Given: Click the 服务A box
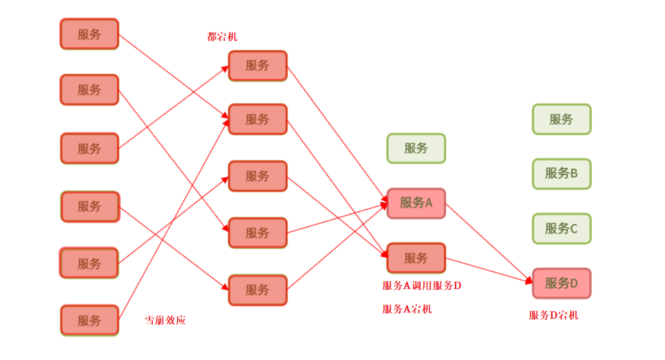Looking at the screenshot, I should click(x=416, y=203).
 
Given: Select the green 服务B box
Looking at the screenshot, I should click(x=561, y=173).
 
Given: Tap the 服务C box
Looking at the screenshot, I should click(x=561, y=228).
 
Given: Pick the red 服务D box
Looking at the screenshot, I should click(x=561, y=283).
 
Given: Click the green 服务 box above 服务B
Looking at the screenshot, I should click(x=561, y=119).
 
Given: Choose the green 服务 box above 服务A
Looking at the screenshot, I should click(x=416, y=148).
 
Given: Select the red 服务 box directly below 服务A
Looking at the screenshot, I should click(x=416, y=258).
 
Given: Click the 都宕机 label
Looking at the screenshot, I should click(x=222, y=37).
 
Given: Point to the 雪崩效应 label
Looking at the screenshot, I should click(x=165, y=320).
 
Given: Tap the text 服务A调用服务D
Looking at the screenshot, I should click(x=422, y=286).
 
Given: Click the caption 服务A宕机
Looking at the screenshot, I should click(x=407, y=309).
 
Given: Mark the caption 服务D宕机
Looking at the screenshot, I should click(x=553, y=315).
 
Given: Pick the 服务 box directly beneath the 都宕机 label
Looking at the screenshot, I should click(x=257, y=65).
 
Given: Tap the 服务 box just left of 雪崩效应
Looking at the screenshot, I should click(x=89, y=320).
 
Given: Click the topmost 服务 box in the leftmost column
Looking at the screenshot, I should click(x=89, y=34).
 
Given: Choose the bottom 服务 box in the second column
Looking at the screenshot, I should click(x=257, y=290).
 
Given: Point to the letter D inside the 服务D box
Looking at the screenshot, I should click(x=573, y=283).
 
